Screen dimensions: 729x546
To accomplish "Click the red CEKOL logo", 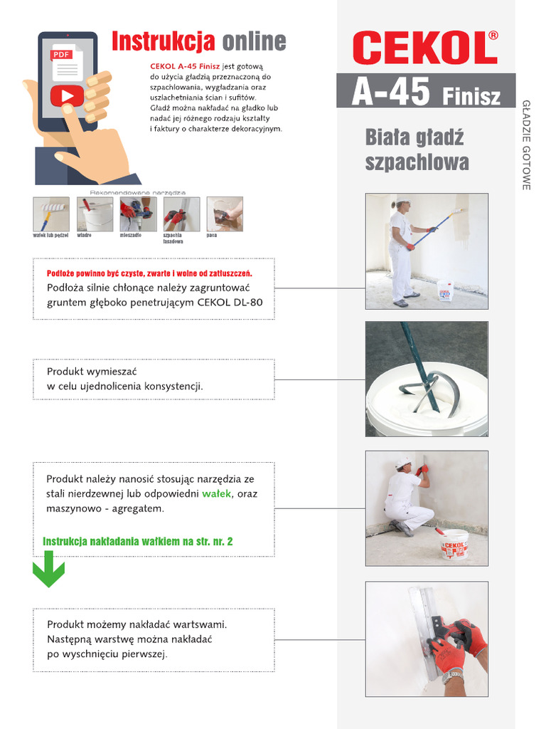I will coord(425,49).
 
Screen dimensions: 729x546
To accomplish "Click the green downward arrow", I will coord(49,572).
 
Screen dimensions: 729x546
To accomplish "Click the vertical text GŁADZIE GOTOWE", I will coord(527,145).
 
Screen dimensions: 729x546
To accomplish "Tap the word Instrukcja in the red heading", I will coord(163,42).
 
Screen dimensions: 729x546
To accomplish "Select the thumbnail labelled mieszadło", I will coord(138,214).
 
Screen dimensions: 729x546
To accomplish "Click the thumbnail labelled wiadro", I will coord(95,214).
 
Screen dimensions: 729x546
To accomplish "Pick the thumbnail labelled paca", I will coord(225,214).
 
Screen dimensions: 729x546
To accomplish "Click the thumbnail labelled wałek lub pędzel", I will coord(51,214).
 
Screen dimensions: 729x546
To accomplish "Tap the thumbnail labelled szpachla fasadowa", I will coord(181,214).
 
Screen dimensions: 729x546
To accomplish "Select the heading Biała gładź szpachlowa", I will coord(417,150).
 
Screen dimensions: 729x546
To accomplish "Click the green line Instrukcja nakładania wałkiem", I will coord(138,542).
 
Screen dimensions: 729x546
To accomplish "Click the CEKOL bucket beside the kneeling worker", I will coord(454,544).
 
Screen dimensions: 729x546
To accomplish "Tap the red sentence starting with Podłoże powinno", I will coord(149,273).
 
